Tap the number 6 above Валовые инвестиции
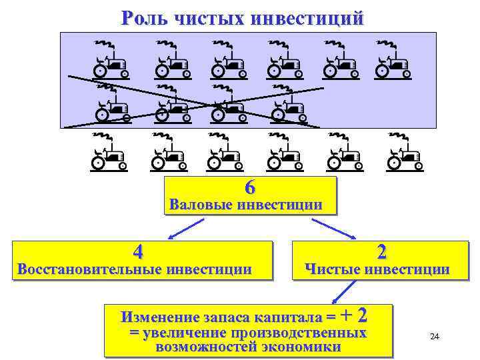pyautogui.click(x=249, y=187)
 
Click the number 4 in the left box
pyautogui.click(x=137, y=252)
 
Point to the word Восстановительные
pyautogui.click(x=89, y=269)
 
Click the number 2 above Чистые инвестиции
pyautogui.click(x=381, y=251)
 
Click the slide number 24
pyautogui.click(x=435, y=337)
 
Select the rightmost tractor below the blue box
pyautogui.click(x=405, y=152)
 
